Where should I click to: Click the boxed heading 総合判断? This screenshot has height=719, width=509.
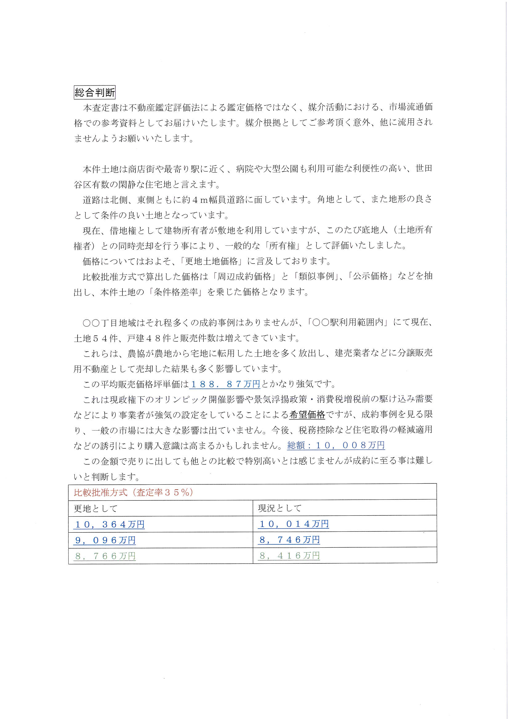95,93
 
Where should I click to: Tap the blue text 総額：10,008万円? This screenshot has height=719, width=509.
336,445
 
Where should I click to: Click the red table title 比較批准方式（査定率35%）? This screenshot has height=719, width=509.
133,493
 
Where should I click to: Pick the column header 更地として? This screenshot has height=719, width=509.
96,509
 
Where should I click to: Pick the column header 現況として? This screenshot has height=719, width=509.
279,508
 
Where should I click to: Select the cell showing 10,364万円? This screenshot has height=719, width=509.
109,525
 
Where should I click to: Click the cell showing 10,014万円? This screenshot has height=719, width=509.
293,524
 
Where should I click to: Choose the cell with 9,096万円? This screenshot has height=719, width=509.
105,540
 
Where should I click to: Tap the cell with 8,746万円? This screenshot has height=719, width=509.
289,540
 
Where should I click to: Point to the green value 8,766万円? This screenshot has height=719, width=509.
105,556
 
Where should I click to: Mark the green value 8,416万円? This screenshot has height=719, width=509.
289,556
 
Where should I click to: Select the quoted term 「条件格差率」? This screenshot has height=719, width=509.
176,292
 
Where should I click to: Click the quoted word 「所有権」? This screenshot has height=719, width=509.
283,246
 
